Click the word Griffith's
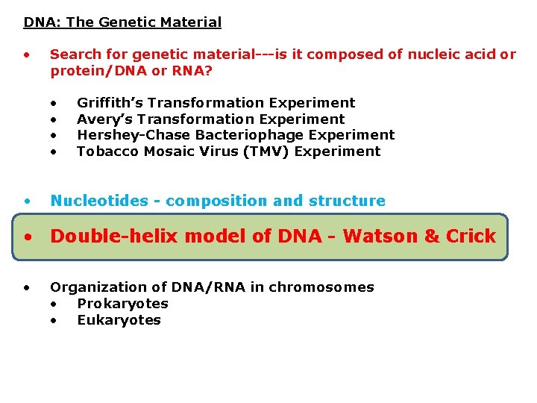pos(108,103)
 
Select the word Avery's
pos(104,119)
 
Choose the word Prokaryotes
pos(122,304)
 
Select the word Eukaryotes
pos(119,320)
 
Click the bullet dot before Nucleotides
pos(27,201)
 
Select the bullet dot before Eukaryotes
pos(54,321)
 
